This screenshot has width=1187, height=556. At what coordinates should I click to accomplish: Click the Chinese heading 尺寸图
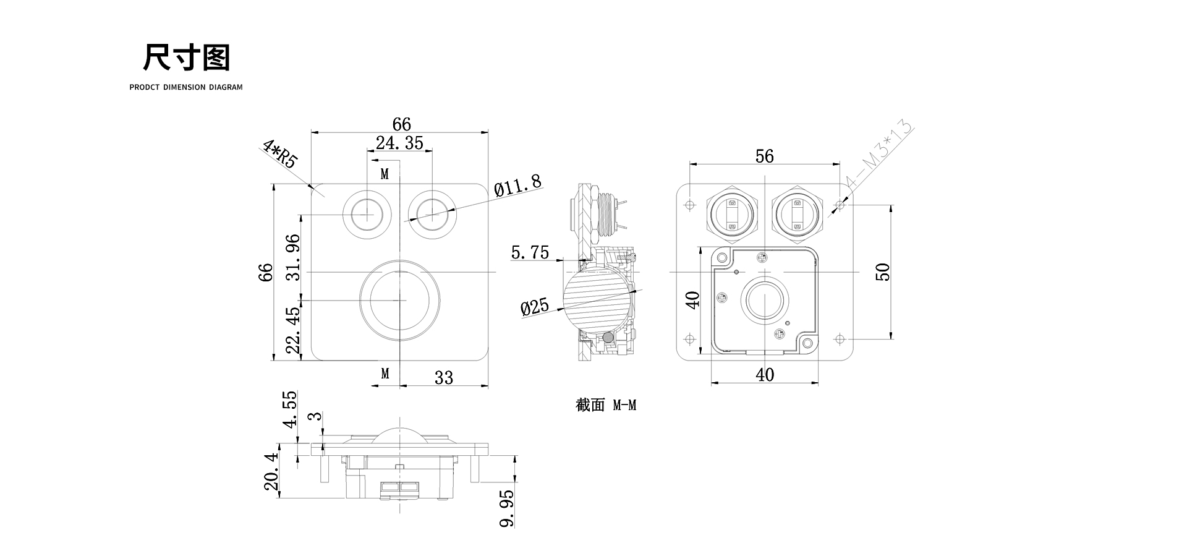click(x=186, y=58)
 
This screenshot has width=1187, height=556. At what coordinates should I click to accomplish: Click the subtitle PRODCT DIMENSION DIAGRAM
click(x=186, y=87)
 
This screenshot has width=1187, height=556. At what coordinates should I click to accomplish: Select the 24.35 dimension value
click(x=399, y=143)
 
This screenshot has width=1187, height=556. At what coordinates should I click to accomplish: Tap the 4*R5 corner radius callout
click(x=280, y=155)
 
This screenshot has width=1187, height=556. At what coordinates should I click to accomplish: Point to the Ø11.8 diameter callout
click(x=517, y=184)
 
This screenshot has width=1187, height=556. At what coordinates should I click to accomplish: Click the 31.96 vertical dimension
click(x=294, y=257)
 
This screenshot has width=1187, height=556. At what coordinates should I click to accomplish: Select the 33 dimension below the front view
click(x=444, y=377)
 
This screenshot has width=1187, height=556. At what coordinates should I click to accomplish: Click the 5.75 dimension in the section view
click(x=530, y=252)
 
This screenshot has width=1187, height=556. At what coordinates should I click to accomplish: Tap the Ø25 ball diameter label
click(x=535, y=307)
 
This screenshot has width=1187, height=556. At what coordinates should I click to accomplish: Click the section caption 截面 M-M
click(x=606, y=405)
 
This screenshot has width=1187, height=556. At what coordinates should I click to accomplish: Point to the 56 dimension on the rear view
click(x=765, y=156)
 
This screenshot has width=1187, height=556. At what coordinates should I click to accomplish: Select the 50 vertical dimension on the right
click(x=883, y=272)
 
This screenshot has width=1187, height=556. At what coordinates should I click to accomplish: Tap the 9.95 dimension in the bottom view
click(x=506, y=508)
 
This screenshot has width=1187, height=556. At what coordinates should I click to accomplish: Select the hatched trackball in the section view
click(x=597, y=303)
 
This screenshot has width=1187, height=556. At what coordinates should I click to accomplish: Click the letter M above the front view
click(x=385, y=174)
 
